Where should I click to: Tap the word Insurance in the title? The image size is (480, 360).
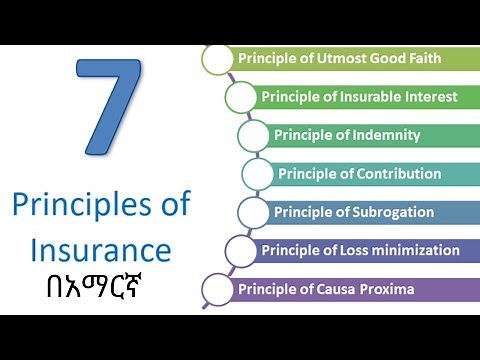(100, 248)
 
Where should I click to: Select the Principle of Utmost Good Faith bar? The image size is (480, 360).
(350, 59)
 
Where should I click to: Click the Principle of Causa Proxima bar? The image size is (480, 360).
(350, 290)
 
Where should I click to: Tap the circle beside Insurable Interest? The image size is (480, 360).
(240, 98)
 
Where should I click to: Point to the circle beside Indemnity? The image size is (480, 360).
(253, 136)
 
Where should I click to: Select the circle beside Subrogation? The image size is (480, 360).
(253, 212)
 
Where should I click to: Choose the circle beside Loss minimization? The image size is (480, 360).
(240, 250)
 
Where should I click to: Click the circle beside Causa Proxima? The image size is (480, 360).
(217, 290)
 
